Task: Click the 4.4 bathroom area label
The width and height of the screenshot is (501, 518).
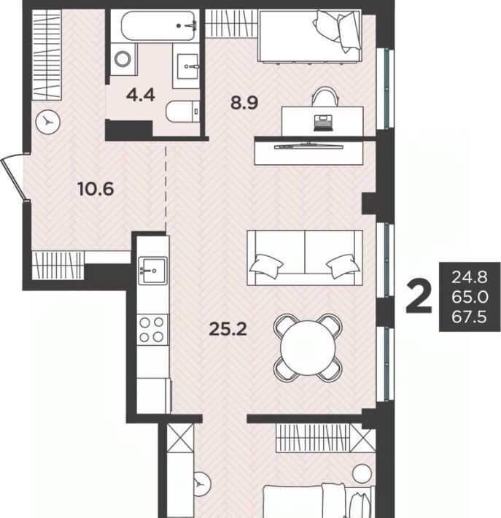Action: coord(140,96)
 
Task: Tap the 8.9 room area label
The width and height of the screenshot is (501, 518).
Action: coord(244,103)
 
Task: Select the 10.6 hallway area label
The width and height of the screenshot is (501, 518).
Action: coord(96,189)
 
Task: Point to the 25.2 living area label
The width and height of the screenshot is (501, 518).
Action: coord(228,329)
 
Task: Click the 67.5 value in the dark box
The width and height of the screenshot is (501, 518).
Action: coord(470,317)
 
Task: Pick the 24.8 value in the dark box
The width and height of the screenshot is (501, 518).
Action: coord(470,277)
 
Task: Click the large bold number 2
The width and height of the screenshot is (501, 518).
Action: coord(419,296)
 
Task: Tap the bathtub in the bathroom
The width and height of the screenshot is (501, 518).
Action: coord(158,26)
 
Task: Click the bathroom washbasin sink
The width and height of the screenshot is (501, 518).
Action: coord(188,66)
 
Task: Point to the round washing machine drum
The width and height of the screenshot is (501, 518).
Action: coord(123,59)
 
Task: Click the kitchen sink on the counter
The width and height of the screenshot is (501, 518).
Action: coord(152,271)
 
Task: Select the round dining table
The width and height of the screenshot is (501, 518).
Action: coord(308,348)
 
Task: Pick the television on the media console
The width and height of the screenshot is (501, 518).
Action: coord(308,146)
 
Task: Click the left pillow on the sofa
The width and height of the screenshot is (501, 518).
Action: coord(266,263)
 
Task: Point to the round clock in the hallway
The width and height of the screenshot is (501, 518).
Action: coord(48,123)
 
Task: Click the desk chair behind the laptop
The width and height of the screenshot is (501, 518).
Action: coord(325,96)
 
